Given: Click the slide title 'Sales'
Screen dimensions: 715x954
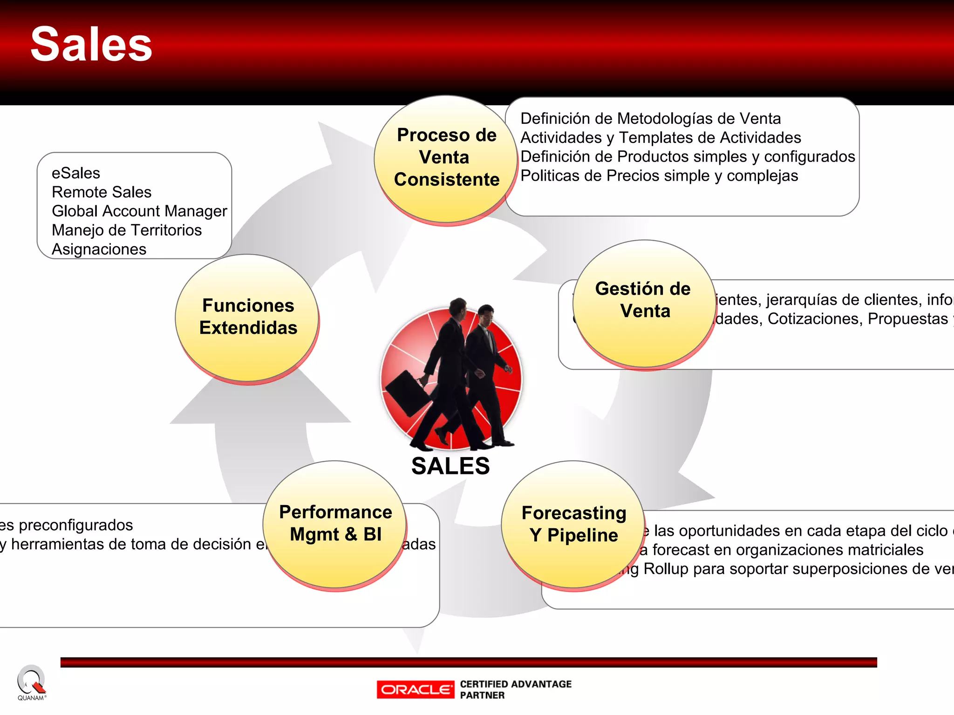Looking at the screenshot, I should pyautogui.click(x=91, y=45).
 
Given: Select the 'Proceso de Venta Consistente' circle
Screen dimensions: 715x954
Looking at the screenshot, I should pyautogui.click(x=446, y=158).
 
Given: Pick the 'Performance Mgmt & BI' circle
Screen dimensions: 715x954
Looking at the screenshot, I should pyautogui.click(x=335, y=524).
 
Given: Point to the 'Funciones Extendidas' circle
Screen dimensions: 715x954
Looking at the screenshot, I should pyautogui.click(x=248, y=317).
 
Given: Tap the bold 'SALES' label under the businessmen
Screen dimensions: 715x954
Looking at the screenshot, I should pyautogui.click(x=450, y=466).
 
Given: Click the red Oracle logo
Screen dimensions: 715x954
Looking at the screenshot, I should pyautogui.click(x=416, y=689).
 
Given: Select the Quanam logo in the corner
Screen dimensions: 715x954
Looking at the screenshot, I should pyautogui.click(x=31, y=682).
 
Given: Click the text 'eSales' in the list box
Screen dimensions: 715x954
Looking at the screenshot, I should pyautogui.click(x=76, y=173).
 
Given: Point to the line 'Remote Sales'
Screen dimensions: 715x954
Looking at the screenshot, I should pyautogui.click(x=102, y=192).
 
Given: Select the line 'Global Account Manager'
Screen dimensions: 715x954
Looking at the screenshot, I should pyautogui.click(x=139, y=211).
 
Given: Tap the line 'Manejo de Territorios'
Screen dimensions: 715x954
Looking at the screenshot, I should pyautogui.click(x=127, y=230).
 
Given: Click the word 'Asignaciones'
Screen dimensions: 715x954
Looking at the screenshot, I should pyautogui.click(x=99, y=250).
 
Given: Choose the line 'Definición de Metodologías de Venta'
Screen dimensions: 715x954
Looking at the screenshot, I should pyautogui.click(x=650, y=119).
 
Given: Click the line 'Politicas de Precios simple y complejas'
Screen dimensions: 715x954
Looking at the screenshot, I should pyautogui.click(x=659, y=176).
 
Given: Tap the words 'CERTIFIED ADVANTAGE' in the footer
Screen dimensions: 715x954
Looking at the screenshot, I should pyautogui.click(x=516, y=684).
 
